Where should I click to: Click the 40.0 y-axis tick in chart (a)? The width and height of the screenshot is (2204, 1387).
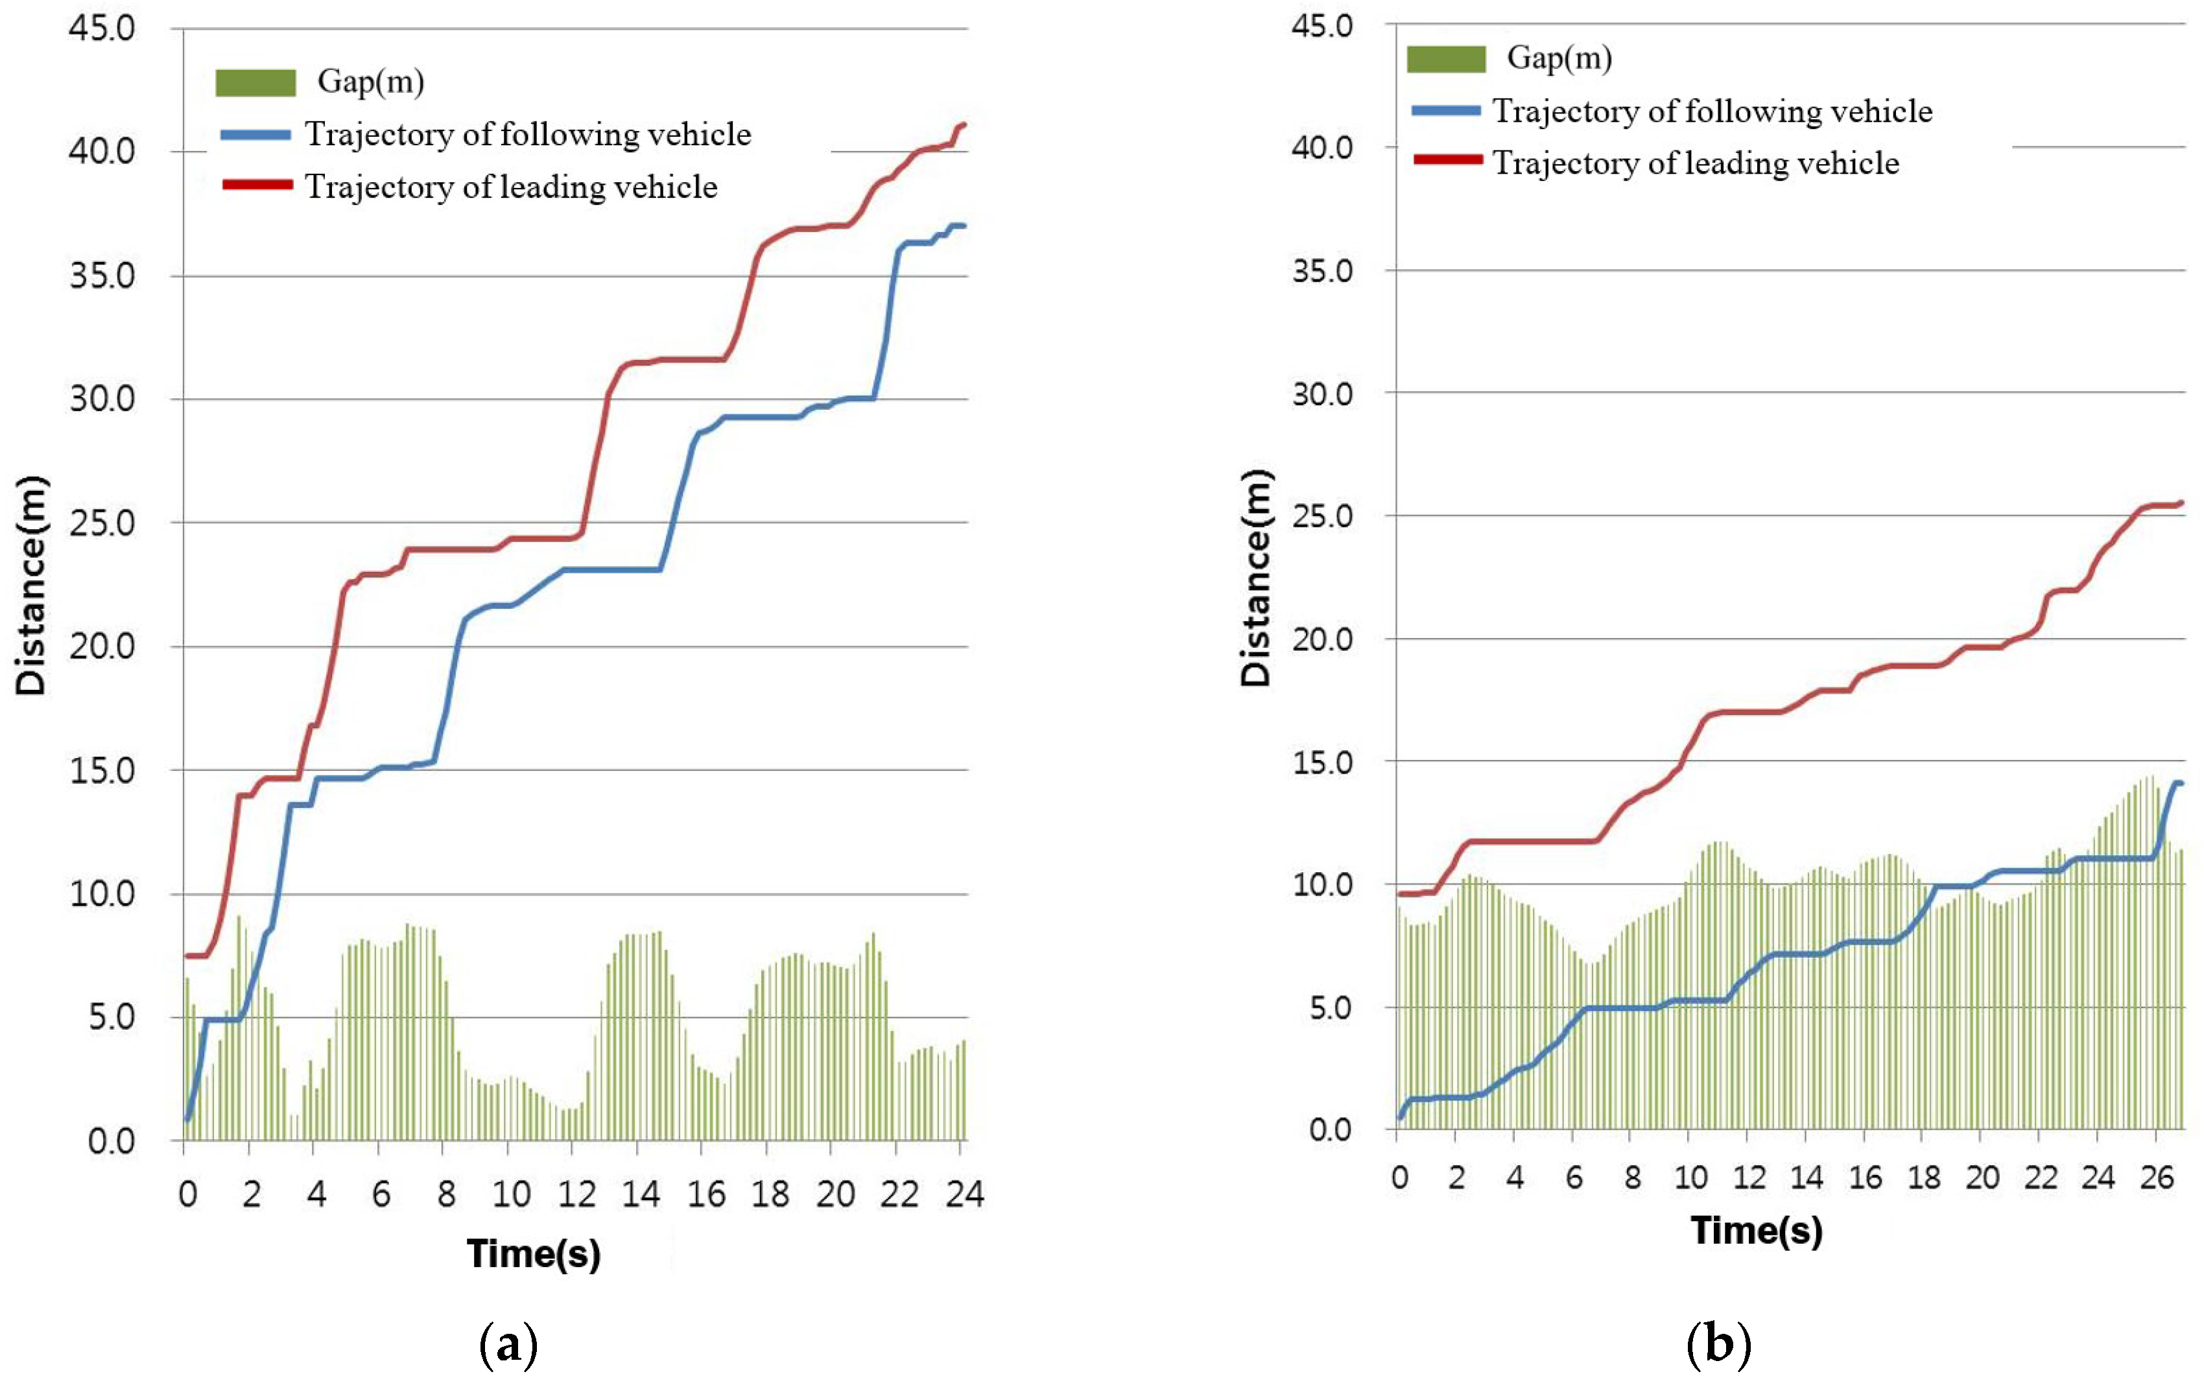[x=102, y=151]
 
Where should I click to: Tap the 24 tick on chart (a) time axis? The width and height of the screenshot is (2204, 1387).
[x=964, y=1194]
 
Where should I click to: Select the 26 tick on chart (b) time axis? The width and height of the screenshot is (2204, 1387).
[x=2157, y=1178]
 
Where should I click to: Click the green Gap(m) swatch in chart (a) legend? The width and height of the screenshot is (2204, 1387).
[x=255, y=82]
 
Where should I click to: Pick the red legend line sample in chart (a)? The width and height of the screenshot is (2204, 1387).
[x=257, y=185]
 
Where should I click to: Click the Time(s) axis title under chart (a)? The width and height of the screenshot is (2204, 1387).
[x=534, y=1253]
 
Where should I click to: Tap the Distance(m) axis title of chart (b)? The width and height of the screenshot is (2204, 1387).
[x=1256, y=578]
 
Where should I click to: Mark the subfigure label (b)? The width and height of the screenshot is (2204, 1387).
[x=1718, y=1344]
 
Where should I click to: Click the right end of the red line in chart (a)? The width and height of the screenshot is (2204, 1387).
[x=963, y=124]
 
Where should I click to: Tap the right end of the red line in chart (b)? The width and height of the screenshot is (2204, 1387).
[x=2181, y=503]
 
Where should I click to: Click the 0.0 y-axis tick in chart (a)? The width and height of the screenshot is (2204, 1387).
[x=111, y=1141]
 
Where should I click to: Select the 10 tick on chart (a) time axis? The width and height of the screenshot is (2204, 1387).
[x=511, y=1194]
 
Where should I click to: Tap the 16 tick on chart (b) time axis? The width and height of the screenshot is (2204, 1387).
[x=1864, y=1178]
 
